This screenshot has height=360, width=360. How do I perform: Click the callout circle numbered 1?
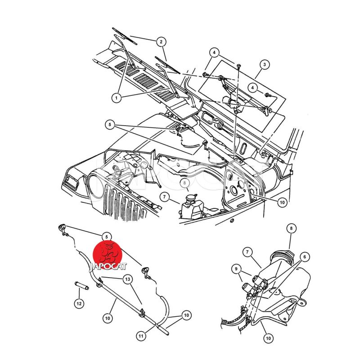[x=117, y=98]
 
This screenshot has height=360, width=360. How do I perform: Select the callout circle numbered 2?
[x=161, y=42]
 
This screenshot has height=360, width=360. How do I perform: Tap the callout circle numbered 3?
[x=265, y=65]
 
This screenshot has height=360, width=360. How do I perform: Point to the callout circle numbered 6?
[x=305, y=257]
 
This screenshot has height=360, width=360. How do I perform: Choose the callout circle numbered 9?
[x=236, y=269]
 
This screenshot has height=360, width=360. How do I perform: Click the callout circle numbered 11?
[x=141, y=336]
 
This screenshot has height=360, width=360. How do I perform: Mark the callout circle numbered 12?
[x=79, y=303]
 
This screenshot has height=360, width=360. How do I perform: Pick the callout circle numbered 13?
[x=128, y=279]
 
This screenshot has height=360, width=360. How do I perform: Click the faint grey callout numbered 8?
[x=185, y=183]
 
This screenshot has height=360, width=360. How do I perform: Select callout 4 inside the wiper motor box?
[x=253, y=88]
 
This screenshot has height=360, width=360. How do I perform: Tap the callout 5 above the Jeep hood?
[x=110, y=125]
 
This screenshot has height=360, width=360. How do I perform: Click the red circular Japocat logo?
[x=108, y=255]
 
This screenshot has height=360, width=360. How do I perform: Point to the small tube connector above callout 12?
[x=82, y=286]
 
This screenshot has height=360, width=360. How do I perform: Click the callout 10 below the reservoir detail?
[x=268, y=338]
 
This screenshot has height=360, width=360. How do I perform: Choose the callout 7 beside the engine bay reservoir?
[x=164, y=197]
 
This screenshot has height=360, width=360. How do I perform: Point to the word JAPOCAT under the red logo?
[x=108, y=266]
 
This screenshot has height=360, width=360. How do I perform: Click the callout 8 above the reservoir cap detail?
[x=291, y=229]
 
